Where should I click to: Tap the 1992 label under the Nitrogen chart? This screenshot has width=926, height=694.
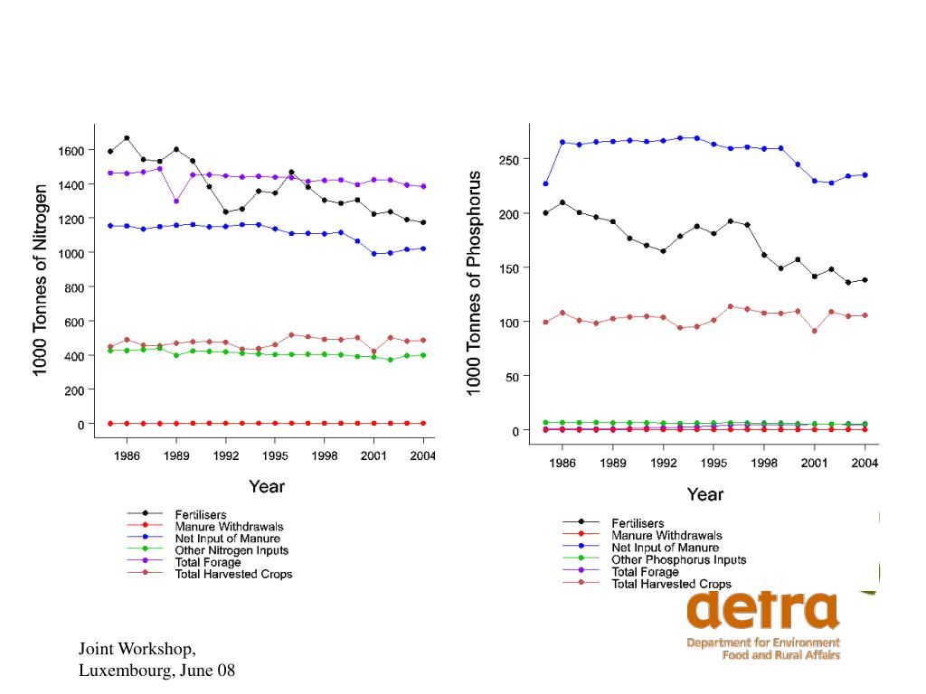[x=224, y=456]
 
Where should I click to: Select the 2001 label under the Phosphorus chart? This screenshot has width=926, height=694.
[x=814, y=463]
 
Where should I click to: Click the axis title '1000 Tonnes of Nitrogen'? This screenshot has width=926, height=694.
[x=40, y=280]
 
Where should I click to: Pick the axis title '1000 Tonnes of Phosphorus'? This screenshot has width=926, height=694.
[x=474, y=283]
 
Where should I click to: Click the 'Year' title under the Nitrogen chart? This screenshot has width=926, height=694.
[x=266, y=486]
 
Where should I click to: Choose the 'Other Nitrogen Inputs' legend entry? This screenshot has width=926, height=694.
[x=231, y=550]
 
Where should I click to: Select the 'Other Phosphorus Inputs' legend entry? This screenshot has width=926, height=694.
[x=679, y=559]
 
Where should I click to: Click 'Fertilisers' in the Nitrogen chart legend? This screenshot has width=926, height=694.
[x=200, y=515]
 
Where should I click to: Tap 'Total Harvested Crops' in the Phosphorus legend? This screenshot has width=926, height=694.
[x=671, y=584]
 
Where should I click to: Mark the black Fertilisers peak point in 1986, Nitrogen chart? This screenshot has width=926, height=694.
[x=127, y=138]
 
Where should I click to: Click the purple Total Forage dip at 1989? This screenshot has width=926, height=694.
[x=176, y=201]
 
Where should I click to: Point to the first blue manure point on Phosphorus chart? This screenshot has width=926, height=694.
[x=545, y=183]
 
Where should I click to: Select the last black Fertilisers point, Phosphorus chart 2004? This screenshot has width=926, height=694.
[x=865, y=280]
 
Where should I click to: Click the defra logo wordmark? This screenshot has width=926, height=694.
[x=762, y=610]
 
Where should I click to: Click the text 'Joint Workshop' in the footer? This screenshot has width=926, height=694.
[x=135, y=649]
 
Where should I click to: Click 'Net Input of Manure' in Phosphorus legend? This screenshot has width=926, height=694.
[x=665, y=548]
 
